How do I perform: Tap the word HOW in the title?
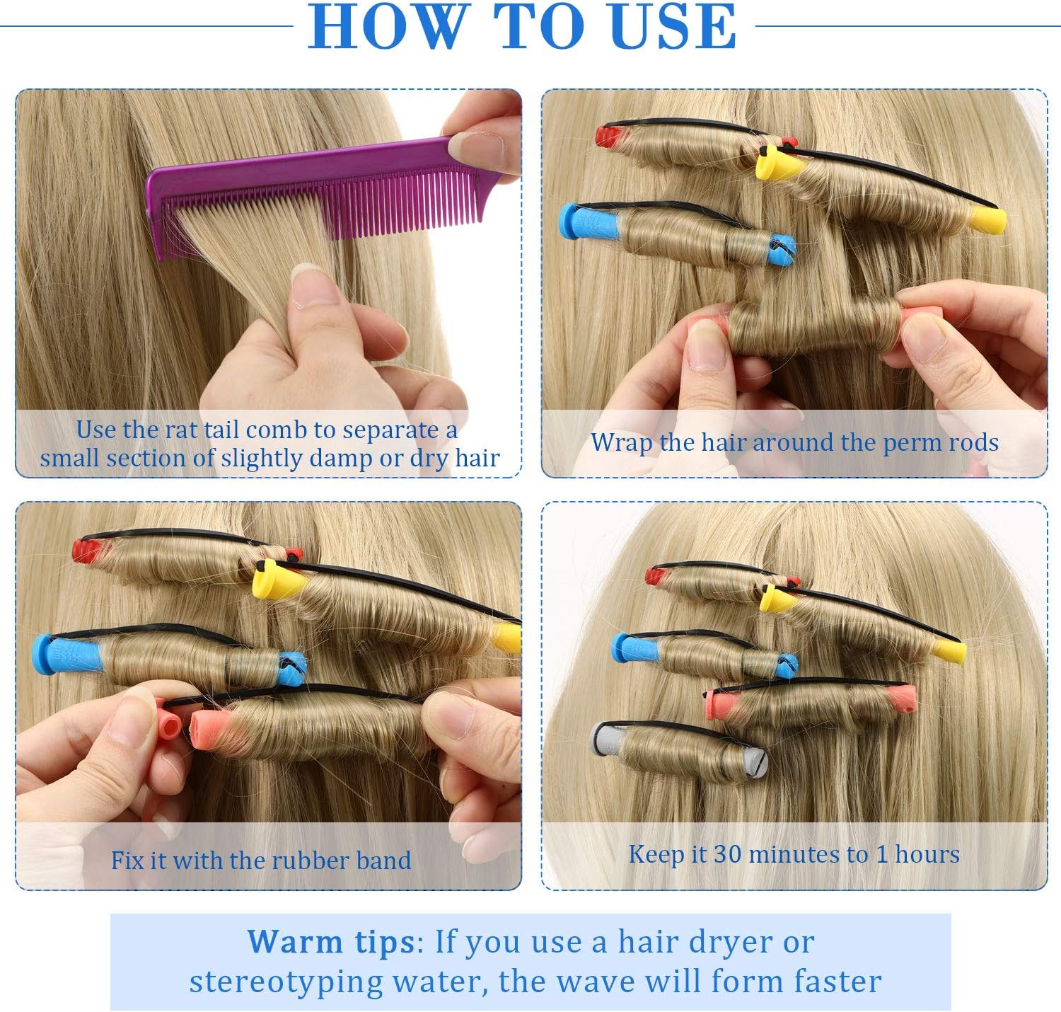[387, 26]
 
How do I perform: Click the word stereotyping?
[285, 982]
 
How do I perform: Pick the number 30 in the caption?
[728, 853]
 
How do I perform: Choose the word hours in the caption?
[927, 853]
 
